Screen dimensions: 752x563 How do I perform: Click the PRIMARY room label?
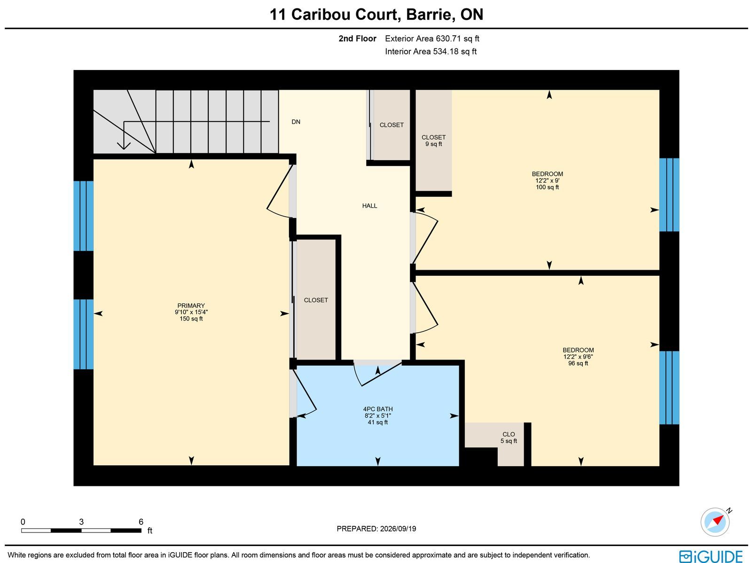point(191,305)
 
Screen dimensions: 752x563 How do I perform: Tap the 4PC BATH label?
point(378,409)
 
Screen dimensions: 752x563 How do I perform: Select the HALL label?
point(370,206)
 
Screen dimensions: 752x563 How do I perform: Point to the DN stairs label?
point(296,122)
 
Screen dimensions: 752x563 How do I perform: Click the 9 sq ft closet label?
point(433,141)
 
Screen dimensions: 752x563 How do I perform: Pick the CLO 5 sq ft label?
point(509,438)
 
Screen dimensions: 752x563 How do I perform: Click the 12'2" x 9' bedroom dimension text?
point(548,180)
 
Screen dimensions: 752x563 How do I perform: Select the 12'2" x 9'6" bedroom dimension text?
point(578,357)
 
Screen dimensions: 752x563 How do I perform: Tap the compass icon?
point(715,522)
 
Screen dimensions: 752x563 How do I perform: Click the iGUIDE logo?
point(711,556)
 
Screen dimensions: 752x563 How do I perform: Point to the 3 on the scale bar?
point(81,522)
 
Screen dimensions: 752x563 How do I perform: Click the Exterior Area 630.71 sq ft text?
point(432,39)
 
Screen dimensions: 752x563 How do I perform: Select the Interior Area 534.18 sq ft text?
point(431,51)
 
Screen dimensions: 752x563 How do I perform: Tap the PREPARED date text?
point(376,528)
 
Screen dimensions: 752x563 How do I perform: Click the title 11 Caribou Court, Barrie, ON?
point(376,15)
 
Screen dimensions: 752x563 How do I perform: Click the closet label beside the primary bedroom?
point(316,300)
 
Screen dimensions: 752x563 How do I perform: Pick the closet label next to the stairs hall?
point(392,125)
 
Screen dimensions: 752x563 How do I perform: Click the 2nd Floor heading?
point(357,39)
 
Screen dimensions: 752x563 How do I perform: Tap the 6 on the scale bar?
point(141,522)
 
